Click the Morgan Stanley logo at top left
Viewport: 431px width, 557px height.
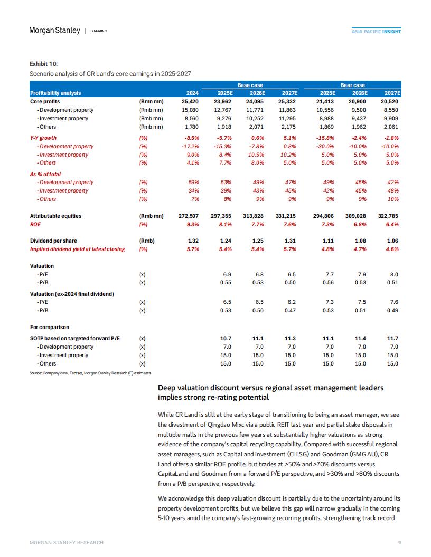pyautogui.click(x=54, y=31)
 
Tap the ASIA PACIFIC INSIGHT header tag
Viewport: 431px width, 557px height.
pyautogui.click(x=376, y=31)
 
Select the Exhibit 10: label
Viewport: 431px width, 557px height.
pyautogui.click(x=43, y=64)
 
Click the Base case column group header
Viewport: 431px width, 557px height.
pyautogui.click(x=250, y=85)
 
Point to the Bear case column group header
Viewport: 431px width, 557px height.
pyautogui.click(x=352, y=85)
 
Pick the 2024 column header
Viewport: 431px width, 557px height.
pyautogui.click(x=192, y=93)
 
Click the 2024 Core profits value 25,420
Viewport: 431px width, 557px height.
pyautogui.click(x=190, y=102)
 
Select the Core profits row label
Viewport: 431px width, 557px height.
pyautogui.click(x=45, y=102)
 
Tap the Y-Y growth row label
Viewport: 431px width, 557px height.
pyautogui.click(x=43, y=138)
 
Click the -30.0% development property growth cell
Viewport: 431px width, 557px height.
pyautogui.click(x=325, y=146)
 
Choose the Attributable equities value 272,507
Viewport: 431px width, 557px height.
pyautogui.click(x=189, y=216)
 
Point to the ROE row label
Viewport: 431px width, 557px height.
pyautogui.click(x=35, y=225)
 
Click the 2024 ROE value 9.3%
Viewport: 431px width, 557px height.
pyautogui.click(x=193, y=225)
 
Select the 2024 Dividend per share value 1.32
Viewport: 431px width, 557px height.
pyautogui.click(x=193, y=241)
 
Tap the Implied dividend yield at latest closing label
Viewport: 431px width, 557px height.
pyautogui.click(x=78, y=249)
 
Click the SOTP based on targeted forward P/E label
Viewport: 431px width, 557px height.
pyautogui.click(x=74, y=339)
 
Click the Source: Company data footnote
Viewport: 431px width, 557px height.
pyautogui.click(x=90, y=373)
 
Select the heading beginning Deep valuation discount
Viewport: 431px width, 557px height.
pyautogui.click(x=270, y=392)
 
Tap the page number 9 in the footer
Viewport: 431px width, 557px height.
pyautogui.click(x=400, y=542)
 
